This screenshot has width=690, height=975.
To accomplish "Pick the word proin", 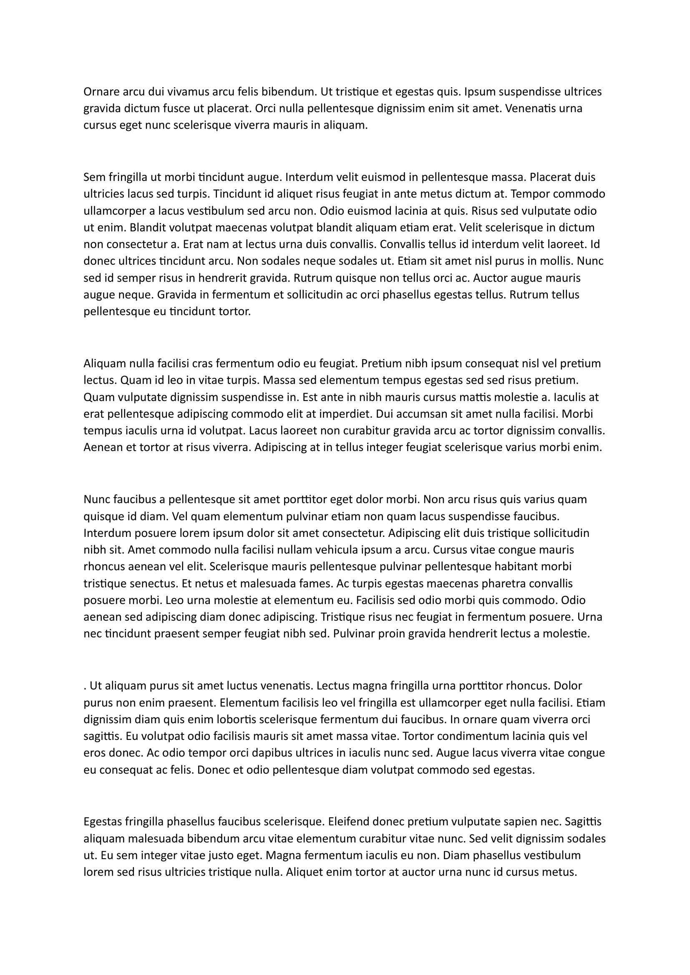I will pos(392,634).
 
